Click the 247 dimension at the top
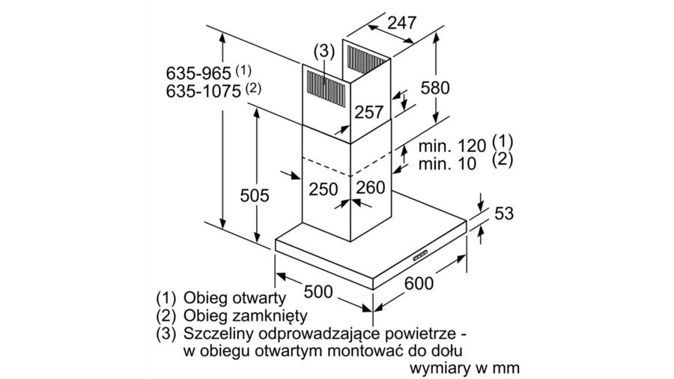coord(401,23)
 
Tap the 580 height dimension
coord(434,88)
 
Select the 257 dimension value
coord(368,112)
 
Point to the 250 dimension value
coord(324,189)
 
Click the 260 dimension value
coord(370,188)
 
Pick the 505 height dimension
coord(255,195)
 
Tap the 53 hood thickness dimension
coord(505,214)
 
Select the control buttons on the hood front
coord(419,255)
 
